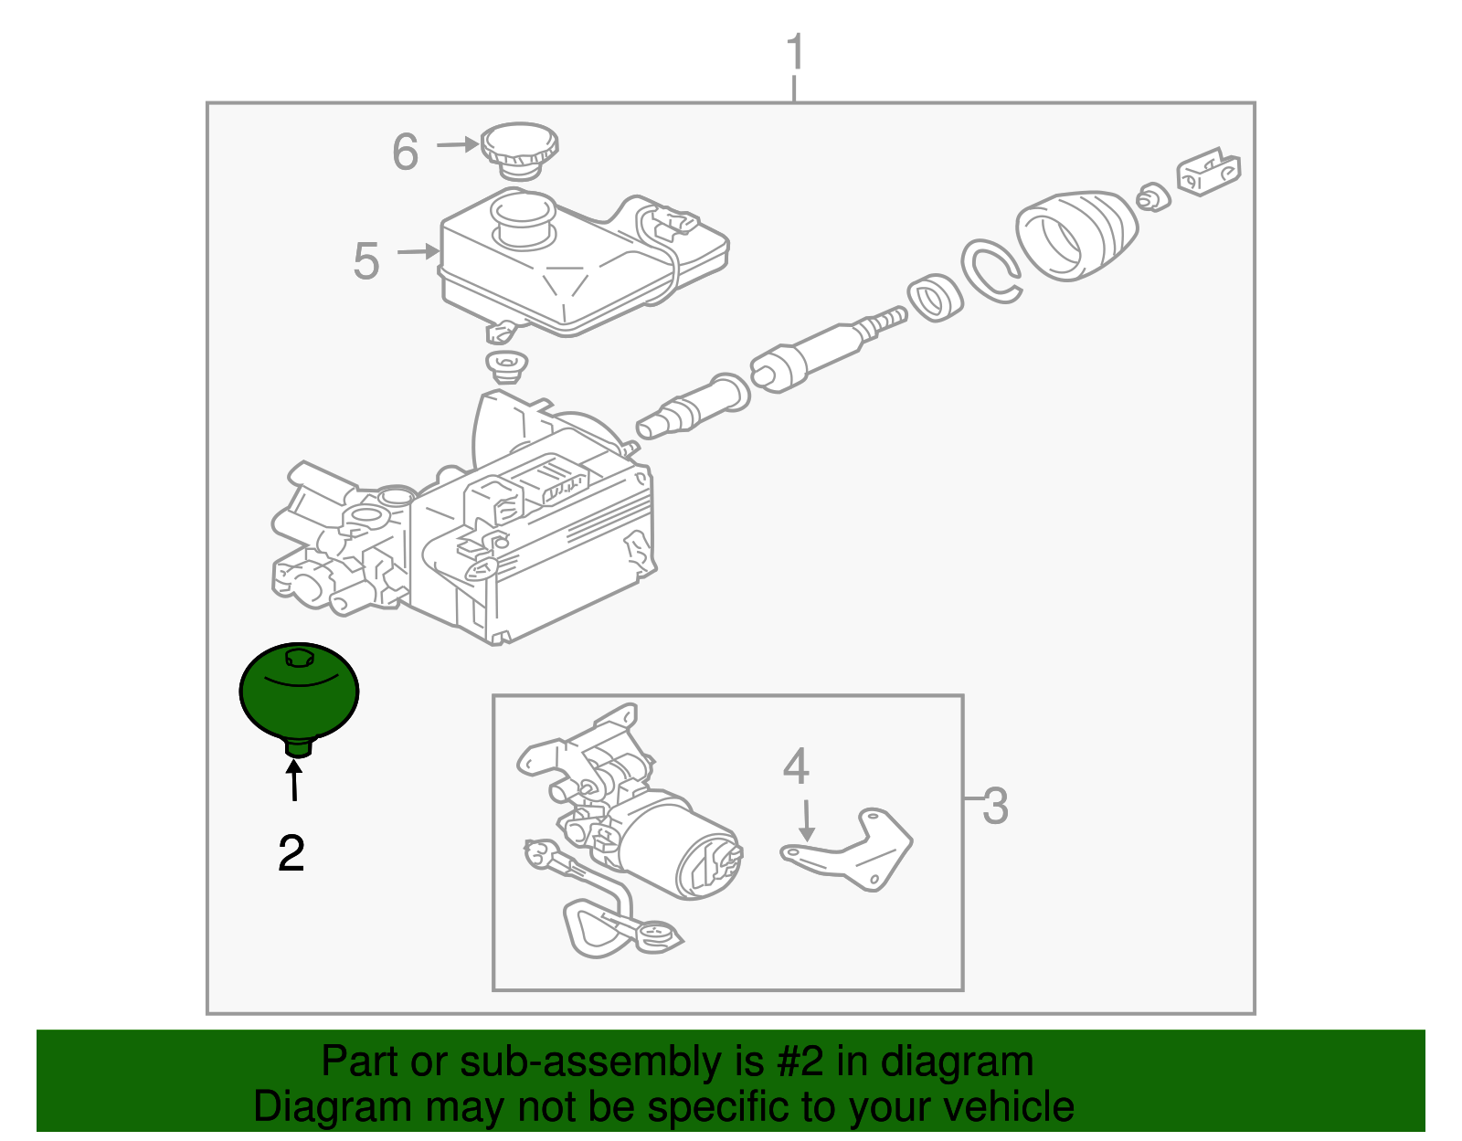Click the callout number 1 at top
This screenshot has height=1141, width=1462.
(795, 52)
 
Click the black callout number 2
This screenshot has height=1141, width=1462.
(291, 853)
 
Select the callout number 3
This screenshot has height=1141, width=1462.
(995, 806)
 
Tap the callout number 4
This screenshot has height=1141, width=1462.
(796, 766)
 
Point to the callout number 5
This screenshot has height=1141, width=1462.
(365, 261)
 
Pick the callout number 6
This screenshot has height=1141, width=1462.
(405, 152)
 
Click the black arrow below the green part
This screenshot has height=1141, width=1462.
(294, 782)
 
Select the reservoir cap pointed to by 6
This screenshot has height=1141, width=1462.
(519, 149)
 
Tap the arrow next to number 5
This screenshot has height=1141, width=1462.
(420, 251)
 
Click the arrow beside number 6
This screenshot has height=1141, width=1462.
(458, 144)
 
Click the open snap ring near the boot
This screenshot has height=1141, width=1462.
(991, 269)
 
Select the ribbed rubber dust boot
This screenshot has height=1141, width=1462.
(1077, 235)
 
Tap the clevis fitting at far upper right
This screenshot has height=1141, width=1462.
(1208, 171)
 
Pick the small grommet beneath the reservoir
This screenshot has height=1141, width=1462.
(505, 366)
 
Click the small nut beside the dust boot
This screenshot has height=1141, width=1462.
(1154, 197)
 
